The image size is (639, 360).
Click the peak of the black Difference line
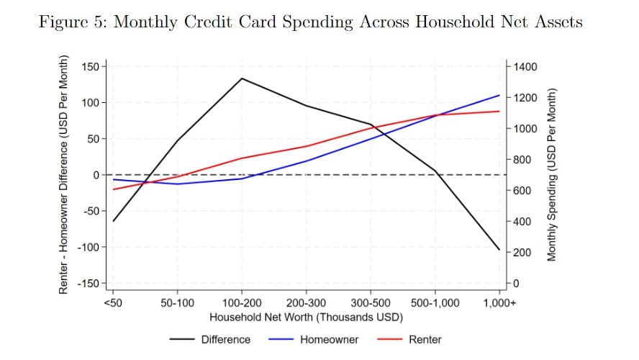[242, 78]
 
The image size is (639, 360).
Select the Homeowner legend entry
[314, 340]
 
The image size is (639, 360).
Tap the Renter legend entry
[409, 340]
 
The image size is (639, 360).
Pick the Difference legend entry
[210, 340]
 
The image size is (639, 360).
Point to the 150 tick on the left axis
[90, 66]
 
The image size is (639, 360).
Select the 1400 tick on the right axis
[525, 66]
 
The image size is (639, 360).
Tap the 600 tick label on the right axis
[522, 190]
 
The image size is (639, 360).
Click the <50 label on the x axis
[113, 303]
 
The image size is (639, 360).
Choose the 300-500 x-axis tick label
[371, 303]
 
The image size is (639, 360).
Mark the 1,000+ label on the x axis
[499, 303]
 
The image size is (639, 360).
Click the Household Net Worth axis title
[306, 318]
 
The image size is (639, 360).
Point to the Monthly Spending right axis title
[551, 174]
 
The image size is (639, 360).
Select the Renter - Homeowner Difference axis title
[63, 174]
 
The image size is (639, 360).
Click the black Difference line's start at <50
[113, 221]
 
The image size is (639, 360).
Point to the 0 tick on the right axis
[517, 284]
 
